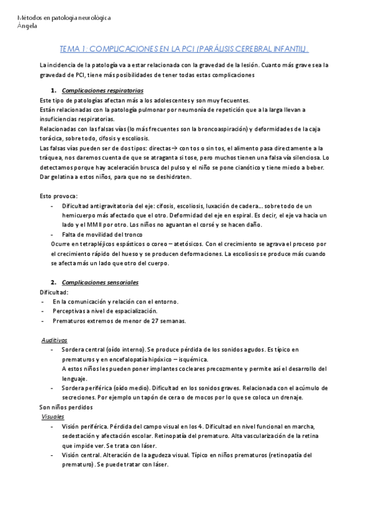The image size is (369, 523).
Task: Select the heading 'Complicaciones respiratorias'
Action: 108,90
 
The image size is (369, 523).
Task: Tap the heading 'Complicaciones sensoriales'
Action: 105,282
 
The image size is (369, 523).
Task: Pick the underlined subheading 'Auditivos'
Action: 55,340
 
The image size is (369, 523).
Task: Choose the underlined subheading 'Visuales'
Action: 52,417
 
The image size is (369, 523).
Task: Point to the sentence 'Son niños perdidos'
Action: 66,408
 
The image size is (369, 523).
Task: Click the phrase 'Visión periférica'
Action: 84,426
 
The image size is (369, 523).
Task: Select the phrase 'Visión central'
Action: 81,455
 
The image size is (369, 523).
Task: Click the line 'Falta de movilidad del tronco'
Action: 102,235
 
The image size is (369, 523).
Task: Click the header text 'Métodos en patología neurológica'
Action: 65,19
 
